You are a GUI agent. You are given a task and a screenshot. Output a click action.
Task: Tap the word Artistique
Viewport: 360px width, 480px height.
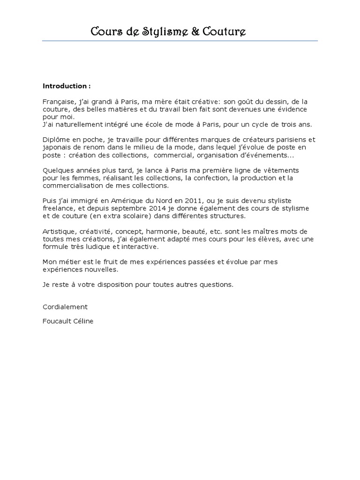58,231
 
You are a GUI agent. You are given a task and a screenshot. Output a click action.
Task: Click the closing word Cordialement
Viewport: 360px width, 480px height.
65,307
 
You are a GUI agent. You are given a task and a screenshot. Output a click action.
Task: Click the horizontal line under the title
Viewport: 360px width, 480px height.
180,41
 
